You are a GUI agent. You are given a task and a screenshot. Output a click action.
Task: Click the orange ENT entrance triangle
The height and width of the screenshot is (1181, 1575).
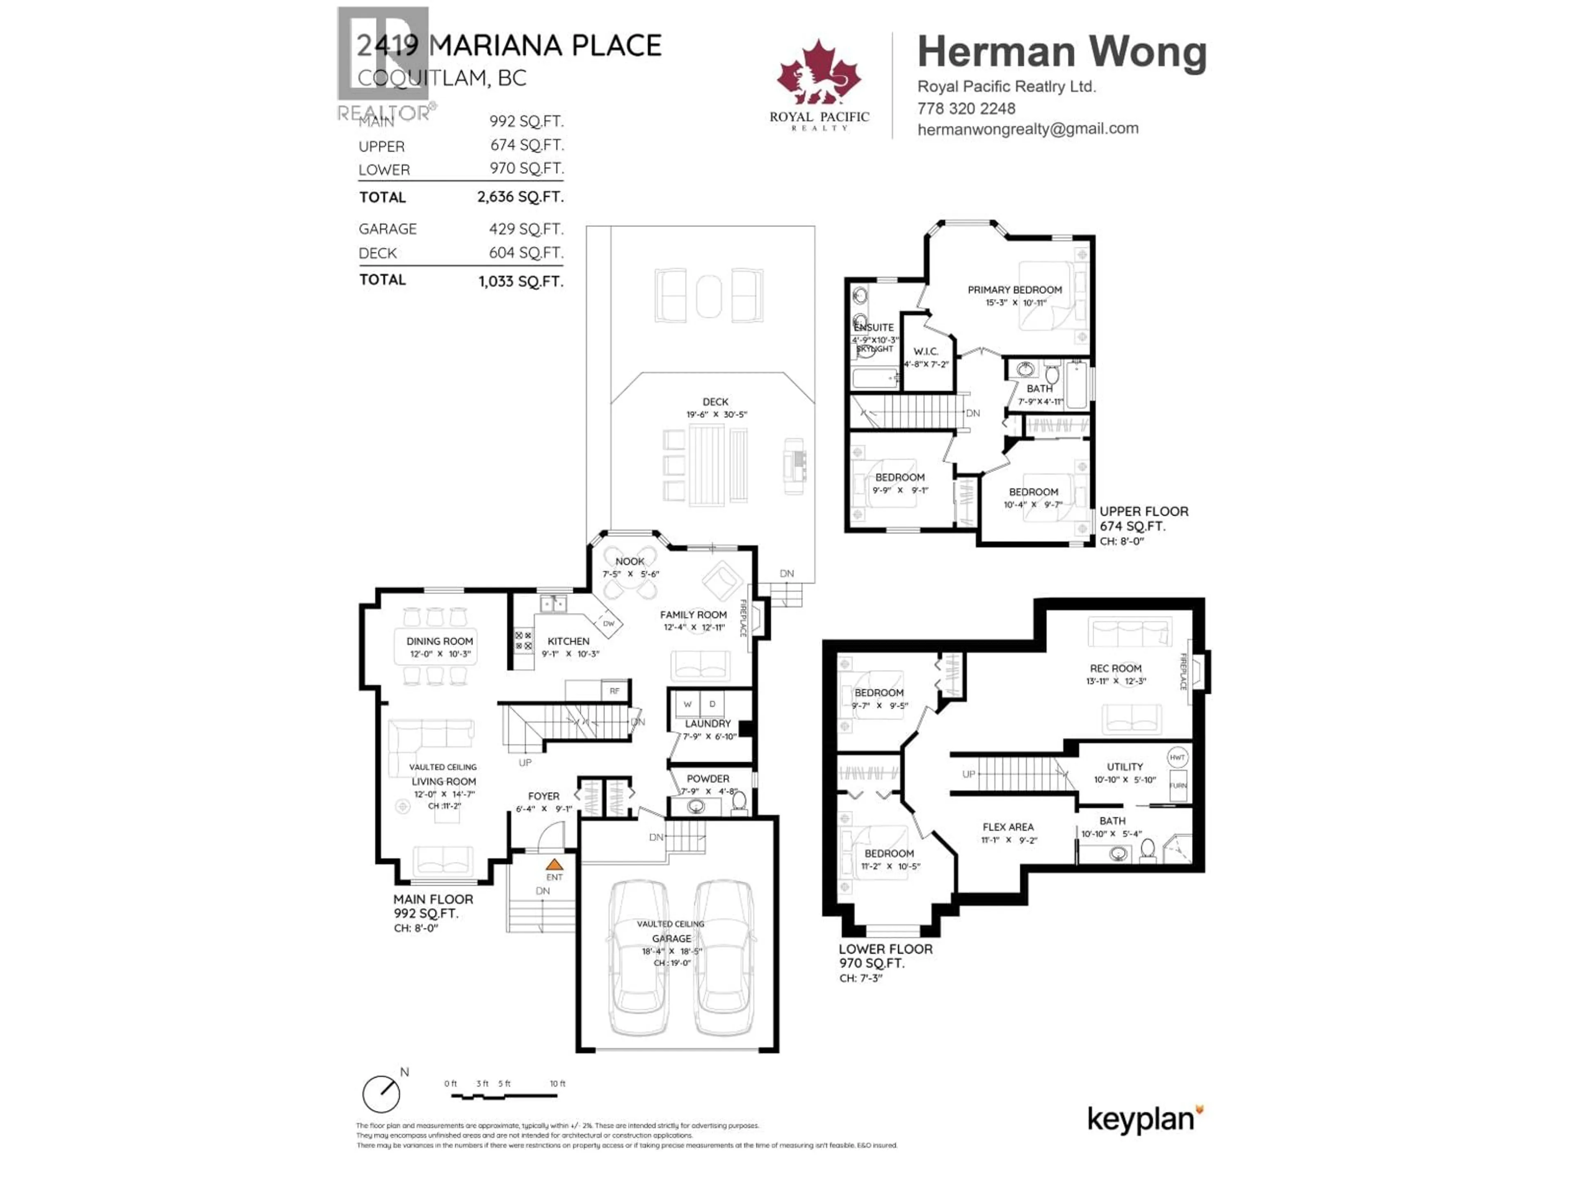coord(554,865)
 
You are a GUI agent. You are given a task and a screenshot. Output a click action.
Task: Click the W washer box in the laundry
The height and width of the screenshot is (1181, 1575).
coord(687,704)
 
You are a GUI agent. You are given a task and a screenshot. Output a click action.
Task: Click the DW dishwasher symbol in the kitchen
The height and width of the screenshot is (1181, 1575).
coord(608,624)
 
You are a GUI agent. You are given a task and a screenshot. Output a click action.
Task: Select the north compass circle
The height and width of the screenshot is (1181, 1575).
coord(381,1094)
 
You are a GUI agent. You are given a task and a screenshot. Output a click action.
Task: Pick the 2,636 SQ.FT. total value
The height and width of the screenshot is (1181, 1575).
coord(520,196)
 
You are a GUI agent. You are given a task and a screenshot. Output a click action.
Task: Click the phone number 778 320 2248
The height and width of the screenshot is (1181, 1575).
coord(966,108)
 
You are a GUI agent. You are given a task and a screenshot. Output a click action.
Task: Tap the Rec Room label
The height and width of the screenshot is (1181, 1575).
coord(1115,668)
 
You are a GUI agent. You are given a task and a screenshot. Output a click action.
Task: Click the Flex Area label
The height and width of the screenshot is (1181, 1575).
coord(1007,826)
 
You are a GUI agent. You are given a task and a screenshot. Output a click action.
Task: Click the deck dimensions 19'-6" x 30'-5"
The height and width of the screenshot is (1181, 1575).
coord(716,414)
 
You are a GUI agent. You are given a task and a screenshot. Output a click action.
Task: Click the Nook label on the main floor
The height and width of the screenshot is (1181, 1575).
coord(630,561)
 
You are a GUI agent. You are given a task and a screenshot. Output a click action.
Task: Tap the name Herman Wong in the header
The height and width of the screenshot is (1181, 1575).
coord(1061,52)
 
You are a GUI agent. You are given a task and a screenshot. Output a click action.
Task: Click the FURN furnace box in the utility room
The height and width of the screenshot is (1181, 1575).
coord(1178,785)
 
